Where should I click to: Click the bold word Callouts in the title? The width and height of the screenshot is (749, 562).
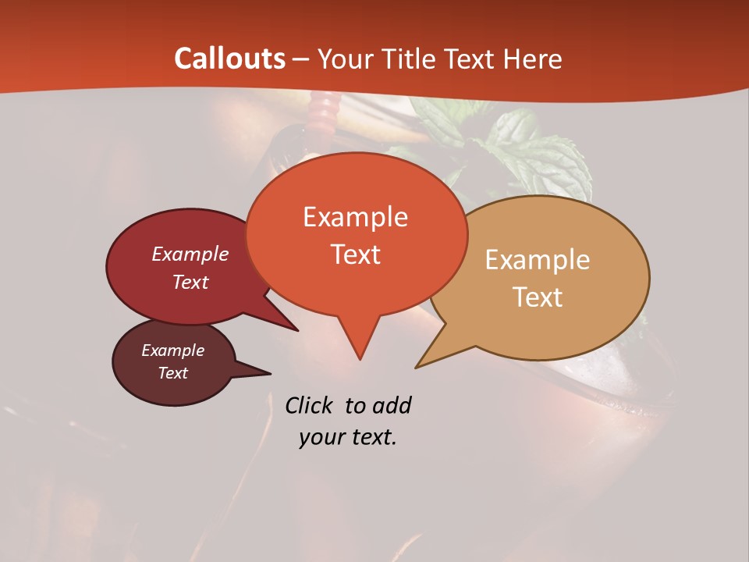229,59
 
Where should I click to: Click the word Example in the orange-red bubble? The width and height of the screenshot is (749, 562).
355,216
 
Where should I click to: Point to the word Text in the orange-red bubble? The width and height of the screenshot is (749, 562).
355,254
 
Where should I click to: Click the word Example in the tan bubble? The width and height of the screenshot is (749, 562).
538,259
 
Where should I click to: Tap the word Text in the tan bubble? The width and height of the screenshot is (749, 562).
538,297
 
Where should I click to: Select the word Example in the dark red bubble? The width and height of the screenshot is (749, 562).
190,254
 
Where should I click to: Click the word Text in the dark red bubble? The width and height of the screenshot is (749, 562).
190,282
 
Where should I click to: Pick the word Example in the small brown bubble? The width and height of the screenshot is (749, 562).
172,350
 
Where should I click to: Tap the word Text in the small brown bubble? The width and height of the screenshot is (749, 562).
172,373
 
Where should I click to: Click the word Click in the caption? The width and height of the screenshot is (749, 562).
308,405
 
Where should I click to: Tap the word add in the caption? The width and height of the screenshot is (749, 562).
392,405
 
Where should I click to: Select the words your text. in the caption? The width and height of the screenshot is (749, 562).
347,437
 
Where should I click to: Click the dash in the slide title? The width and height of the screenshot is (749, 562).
301,59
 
